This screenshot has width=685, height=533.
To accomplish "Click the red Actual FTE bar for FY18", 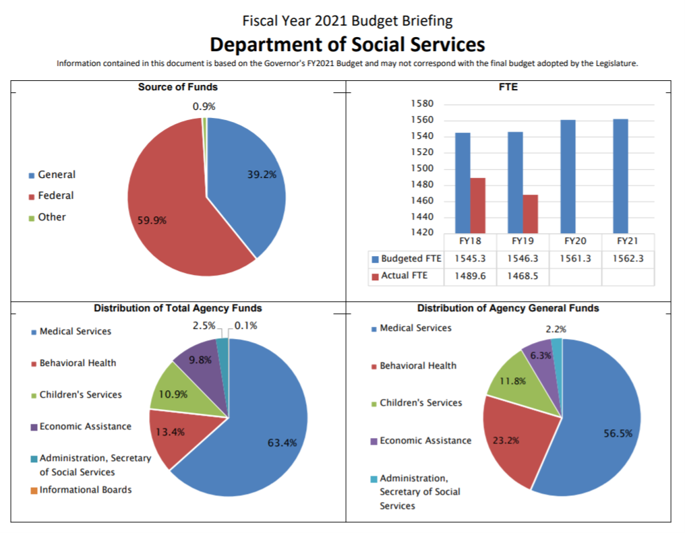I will [x=477, y=205].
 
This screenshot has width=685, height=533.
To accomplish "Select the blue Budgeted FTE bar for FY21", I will [x=620, y=175].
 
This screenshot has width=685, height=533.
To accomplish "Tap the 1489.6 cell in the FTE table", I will [x=470, y=276].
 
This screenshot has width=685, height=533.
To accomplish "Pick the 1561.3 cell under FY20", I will [x=575, y=259].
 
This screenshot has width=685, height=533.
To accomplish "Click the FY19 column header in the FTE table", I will [x=523, y=241].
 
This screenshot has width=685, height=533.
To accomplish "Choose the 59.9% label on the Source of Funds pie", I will [x=152, y=220].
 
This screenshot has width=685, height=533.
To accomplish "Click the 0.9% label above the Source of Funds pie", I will [x=204, y=106].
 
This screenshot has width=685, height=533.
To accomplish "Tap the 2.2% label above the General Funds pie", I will [x=556, y=330].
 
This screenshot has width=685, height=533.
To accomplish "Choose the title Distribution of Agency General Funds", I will [x=508, y=309].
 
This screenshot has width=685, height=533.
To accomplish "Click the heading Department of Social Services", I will [x=347, y=44].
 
